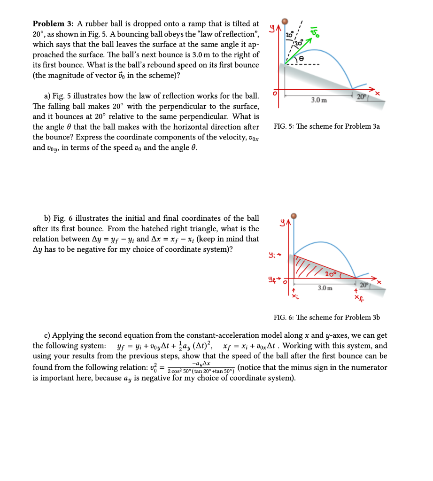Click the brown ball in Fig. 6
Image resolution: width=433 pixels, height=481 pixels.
294,216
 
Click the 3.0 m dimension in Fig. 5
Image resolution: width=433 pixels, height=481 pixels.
319,100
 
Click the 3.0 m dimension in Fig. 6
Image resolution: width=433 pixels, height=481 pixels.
325,287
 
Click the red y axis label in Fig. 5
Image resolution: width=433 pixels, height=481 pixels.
272,30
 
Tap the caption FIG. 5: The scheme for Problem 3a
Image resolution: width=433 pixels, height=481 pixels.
326,126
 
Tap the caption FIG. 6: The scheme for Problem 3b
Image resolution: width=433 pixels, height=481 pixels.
326,318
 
